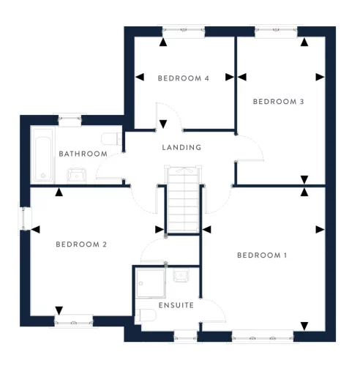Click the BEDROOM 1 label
click(x=261, y=255)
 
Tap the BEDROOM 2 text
click(x=81, y=244)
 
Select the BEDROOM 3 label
click(x=278, y=102)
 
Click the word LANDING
click(x=181, y=147)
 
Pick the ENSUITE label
click(x=176, y=305)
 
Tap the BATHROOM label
click(x=83, y=154)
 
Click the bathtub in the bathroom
click(x=43, y=154)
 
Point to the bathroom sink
click(x=76, y=173)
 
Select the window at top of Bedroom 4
click(x=183, y=31)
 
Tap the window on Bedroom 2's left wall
click(x=23, y=218)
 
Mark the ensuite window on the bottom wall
click(x=185, y=336)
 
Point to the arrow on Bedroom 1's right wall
click(x=319, y=230)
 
